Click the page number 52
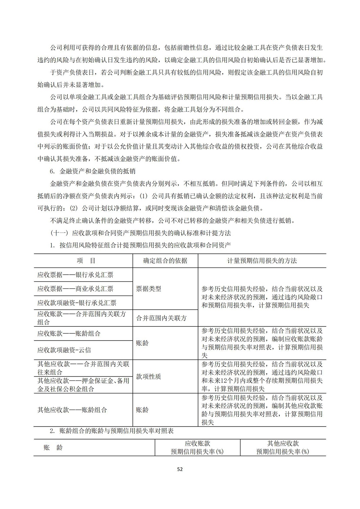(180, 469)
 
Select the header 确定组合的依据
(165, 261)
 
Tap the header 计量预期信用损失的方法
(262, 261)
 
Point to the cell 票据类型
(148, 288)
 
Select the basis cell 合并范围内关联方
(161, 318)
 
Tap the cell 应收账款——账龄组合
(69, 333)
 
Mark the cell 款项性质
(148, 377)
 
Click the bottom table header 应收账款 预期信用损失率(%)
(197, 447)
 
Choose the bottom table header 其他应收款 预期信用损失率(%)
(283, 447)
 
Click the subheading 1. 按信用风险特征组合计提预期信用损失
(140, 245)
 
